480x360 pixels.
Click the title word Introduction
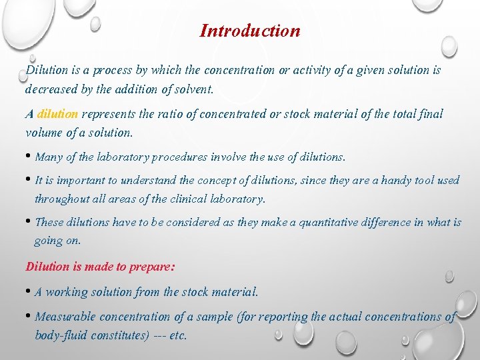click(x=250, y=31)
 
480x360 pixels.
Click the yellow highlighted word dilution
click(x=58, y=114)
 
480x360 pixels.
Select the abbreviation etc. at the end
click(x=178, y=335)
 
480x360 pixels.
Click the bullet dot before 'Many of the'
click(x=28, y=157)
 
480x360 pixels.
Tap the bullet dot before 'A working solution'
click(x=28, y=292)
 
